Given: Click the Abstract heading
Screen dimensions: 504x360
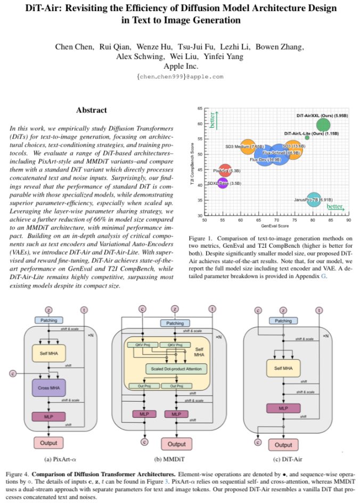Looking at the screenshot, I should [x=91, y=110].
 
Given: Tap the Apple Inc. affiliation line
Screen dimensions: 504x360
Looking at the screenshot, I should [x=179, y=67].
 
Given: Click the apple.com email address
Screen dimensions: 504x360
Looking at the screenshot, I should [x=179, y=77].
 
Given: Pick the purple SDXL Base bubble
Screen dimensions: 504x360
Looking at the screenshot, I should [x=224, y=183].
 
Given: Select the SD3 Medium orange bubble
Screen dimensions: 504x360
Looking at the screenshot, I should [x=248, y=145].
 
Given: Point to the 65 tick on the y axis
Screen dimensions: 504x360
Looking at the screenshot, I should [x=200, y=109].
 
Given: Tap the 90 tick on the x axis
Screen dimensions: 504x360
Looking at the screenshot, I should [x=348, y=219].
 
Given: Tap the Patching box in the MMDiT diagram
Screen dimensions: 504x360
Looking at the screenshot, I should [x=175, y=323].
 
